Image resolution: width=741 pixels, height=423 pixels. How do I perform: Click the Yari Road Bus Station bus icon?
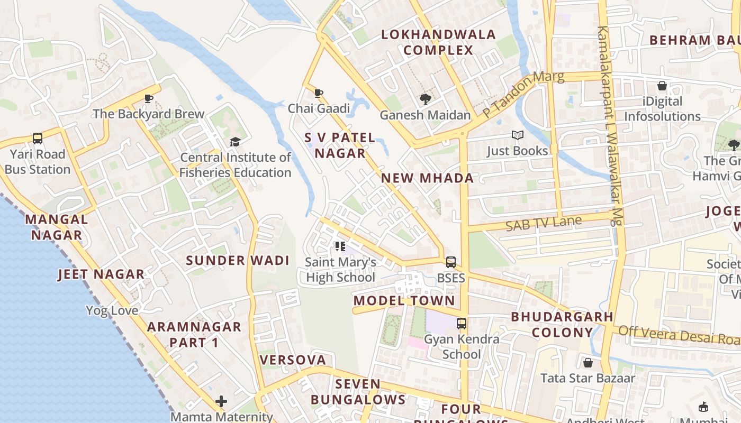pos(38,139)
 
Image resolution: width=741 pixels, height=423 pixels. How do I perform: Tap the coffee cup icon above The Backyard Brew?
pos(149,98)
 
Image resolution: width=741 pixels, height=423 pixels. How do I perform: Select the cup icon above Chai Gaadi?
pos(319,94)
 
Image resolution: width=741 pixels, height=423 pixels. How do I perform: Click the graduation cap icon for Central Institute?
pos(235,142)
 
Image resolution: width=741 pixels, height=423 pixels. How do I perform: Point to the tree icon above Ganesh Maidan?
pos(425,99)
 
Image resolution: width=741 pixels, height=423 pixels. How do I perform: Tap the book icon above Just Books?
pos(518,135)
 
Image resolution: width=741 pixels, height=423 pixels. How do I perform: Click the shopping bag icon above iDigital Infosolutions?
pos(662,86)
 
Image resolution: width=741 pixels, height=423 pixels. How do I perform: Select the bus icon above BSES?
pos(451,262)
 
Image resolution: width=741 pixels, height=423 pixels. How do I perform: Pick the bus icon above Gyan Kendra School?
pos(462,323)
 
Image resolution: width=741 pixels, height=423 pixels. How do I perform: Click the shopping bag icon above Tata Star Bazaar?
pos(588,363)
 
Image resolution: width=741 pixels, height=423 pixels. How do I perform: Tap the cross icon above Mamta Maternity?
pos(221,401)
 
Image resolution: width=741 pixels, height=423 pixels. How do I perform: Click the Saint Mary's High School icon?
pos(340,246)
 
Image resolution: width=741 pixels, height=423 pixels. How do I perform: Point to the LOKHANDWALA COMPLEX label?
pos(438,42)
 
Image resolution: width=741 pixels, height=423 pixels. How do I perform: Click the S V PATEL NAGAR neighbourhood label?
pos(339,145)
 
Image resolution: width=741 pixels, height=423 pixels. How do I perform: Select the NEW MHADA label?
pos(428,178)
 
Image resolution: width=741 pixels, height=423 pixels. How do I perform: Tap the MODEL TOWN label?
pos(404,301)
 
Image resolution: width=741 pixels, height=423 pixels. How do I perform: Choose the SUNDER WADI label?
pos(238,260)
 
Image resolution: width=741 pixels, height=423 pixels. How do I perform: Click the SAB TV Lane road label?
pos(544,223)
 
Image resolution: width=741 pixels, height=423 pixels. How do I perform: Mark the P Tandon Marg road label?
pos(523,94)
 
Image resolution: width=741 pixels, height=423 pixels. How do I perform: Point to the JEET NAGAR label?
pos(101,274)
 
